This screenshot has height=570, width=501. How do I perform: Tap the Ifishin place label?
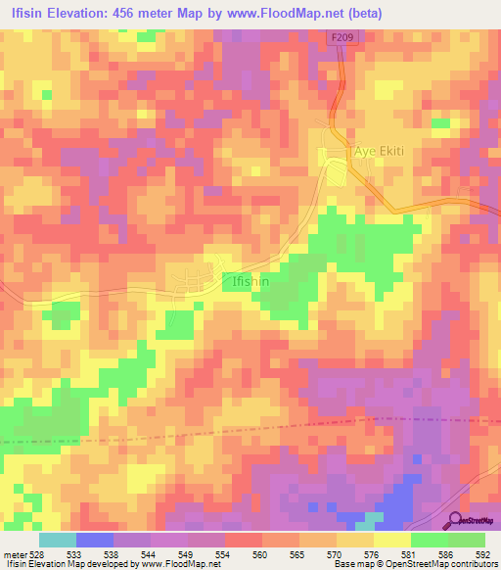coord(250,278)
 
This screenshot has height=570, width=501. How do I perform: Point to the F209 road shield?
coord(339,37)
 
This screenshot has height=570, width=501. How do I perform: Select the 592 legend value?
coord(483,553)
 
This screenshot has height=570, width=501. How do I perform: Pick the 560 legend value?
coord(259,553)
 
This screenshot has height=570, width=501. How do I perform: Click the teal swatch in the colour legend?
coord(58,540)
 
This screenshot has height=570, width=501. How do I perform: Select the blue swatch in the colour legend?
coord(95,540)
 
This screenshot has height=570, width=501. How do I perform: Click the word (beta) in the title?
coord(359,13)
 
